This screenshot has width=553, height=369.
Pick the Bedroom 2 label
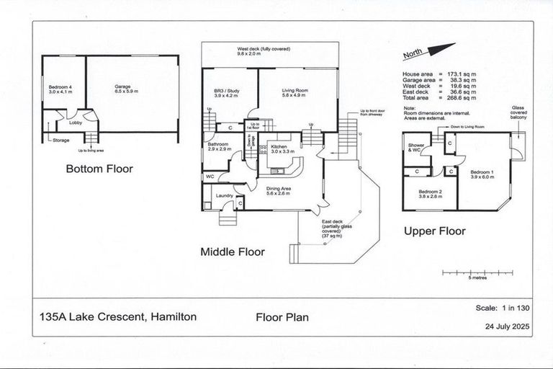coord(432,193)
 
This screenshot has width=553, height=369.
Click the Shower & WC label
coord(417,149)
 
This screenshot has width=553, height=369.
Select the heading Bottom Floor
coord(99,171)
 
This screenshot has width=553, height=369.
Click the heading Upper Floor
coord(434,231)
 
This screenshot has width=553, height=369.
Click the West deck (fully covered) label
coord(271,51)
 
